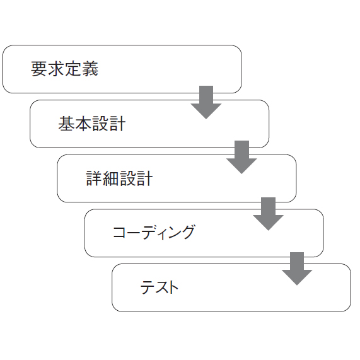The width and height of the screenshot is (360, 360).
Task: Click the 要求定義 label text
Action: (x=64, y=69)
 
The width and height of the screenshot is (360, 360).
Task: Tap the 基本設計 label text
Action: (x=92, y=124)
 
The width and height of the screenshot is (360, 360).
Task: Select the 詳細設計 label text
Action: (x=119, y=178)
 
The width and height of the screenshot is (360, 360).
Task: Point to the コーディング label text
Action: (x=154, y=233)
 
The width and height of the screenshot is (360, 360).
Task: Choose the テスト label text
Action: (x=159, y=287)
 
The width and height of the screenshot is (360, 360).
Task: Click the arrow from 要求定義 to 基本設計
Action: (x=206, y=102)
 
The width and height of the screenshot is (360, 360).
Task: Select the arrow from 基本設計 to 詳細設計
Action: (x=241, y=157)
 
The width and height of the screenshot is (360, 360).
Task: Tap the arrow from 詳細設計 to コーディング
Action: (x=268, y=214)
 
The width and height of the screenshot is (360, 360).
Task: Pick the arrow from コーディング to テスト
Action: (x=297, y=269)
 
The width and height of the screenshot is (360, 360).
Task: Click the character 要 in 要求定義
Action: (x=39, y=69)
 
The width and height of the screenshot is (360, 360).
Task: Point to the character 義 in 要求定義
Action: (x=90, y=69)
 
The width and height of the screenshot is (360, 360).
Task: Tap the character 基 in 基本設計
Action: (x=66, y=124)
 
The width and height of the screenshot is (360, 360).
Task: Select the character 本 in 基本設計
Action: (x=83, y=124)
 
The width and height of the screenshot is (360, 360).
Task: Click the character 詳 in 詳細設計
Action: (x=94, y=178)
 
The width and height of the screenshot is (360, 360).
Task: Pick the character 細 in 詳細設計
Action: (x=111, y=178)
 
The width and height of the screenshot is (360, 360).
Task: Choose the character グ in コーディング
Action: (x=186, y=233)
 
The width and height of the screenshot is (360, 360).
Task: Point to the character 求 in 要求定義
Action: (x=56, y=69)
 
